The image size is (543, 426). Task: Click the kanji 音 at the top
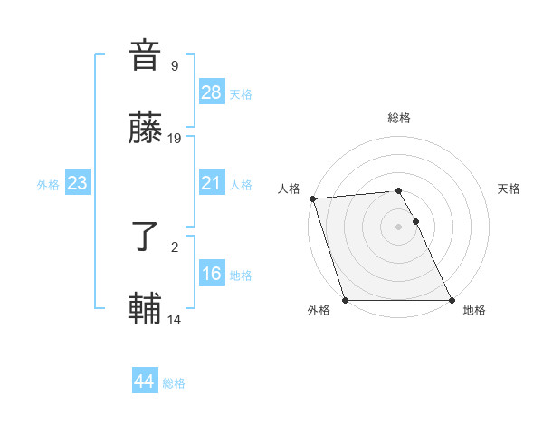(x=145, y=56)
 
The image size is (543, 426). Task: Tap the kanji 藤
(x=145, y=130)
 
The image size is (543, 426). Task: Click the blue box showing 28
(x=211, y=92)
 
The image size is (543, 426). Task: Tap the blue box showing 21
(x=211, y=184)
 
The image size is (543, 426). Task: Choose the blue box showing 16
(x=211, y=275)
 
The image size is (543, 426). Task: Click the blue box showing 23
(x=77, y=184)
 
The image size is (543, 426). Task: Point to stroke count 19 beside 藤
(x=176, y=139)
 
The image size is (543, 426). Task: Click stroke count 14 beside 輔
(x=176, y=320)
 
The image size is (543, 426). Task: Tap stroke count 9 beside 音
(x=175, y=65)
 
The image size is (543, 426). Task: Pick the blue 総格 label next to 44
(x=174, y=382)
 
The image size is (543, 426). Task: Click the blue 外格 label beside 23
(x=48, y=185)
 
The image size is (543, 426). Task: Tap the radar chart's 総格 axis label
(x=398, y=119)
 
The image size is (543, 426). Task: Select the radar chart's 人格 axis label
(x=289, y=189)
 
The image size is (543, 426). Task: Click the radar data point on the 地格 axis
(x=452, y=300)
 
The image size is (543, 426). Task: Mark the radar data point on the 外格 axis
(x=345, y=300)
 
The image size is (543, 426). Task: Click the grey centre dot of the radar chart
(x=398, y=227)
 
